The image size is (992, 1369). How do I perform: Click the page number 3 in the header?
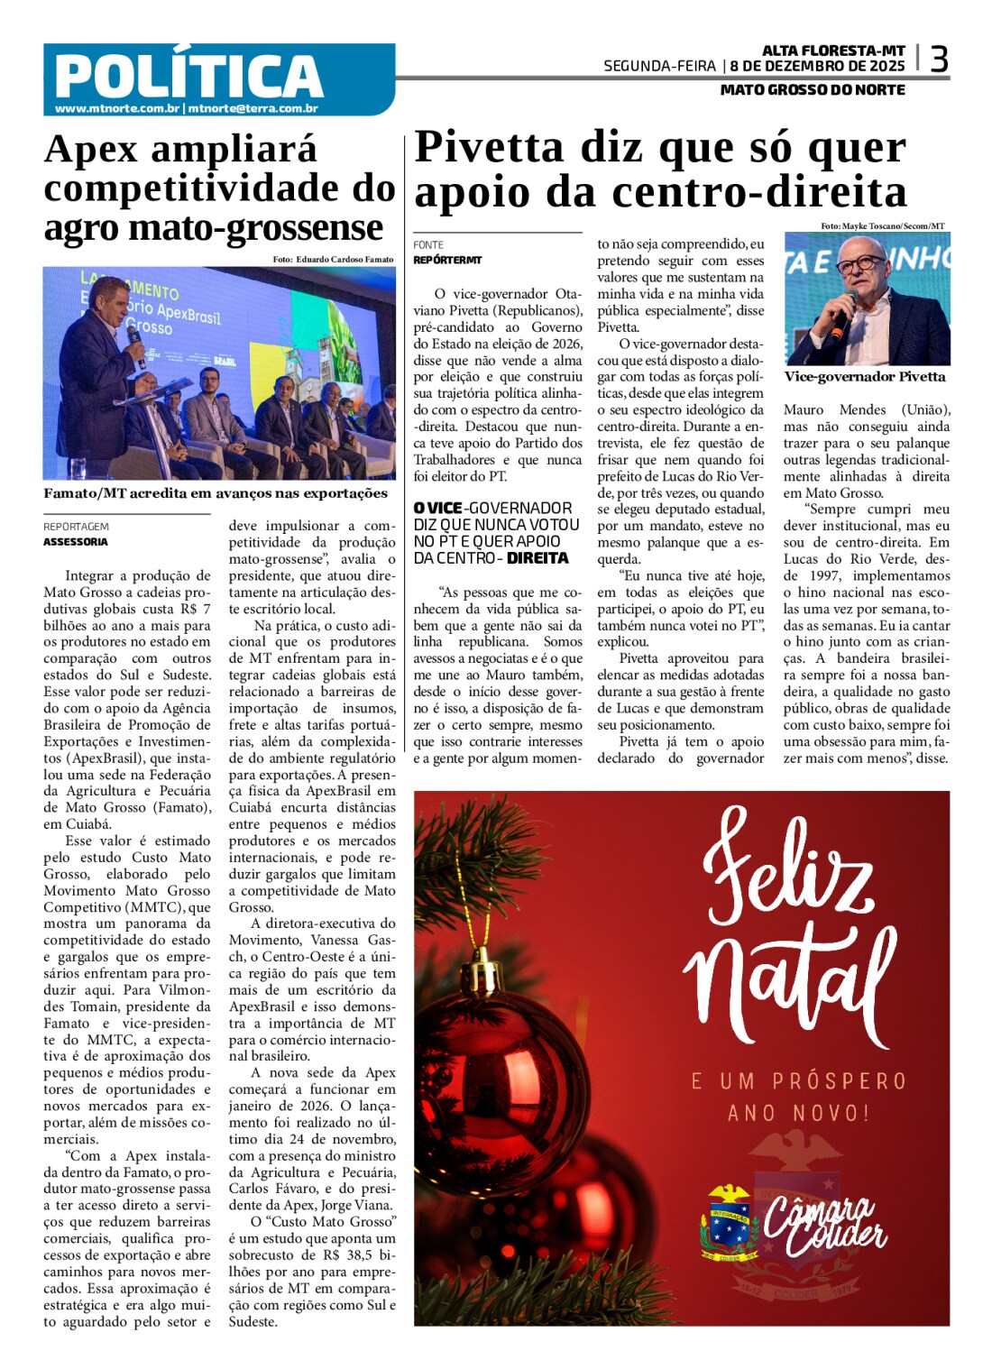939,60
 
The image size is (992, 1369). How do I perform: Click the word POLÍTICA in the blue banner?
188,75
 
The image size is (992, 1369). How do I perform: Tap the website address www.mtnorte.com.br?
116,109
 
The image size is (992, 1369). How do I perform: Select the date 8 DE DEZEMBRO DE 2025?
817,66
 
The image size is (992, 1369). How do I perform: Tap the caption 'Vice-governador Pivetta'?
864,377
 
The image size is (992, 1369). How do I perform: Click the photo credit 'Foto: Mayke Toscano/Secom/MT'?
882,225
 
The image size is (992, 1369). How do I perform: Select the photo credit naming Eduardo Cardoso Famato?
333,259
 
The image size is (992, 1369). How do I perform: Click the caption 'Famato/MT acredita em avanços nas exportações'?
216,493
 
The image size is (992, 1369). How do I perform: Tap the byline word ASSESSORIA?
76,542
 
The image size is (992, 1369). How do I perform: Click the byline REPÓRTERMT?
447,260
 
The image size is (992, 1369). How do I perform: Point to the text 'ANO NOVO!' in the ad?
798,1113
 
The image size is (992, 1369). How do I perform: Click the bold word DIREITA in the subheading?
537,558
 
